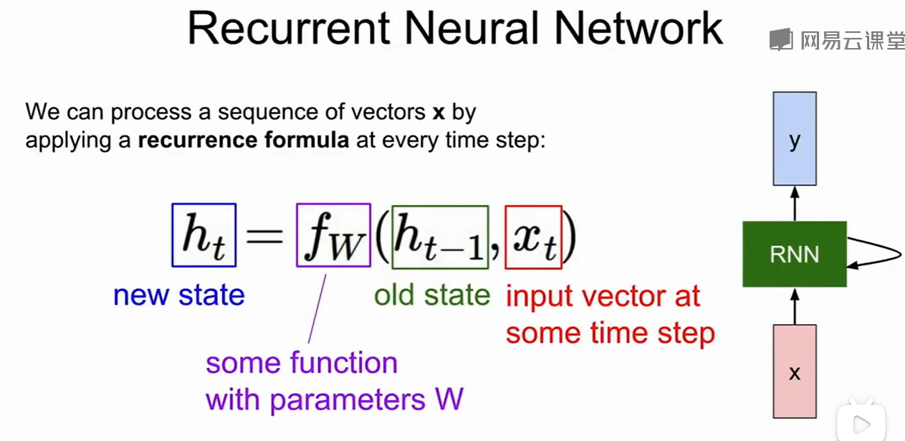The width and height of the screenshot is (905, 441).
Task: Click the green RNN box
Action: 794,255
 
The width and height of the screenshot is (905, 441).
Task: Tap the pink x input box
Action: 794,371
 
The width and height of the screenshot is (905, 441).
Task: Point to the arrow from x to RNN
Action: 794,306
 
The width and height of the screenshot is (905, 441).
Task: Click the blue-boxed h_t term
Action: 204,235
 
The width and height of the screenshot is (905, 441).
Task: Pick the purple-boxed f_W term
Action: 333,236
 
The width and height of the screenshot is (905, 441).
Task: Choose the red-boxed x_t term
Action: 533,237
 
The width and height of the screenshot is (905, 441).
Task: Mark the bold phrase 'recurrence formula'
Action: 244,139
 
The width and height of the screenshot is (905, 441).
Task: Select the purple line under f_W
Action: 317,308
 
